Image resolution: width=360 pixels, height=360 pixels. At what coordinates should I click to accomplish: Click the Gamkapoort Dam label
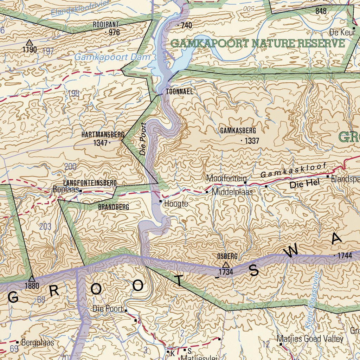(x=112, y=57)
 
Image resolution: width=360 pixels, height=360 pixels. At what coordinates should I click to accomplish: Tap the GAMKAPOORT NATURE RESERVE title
(x=258, y=44)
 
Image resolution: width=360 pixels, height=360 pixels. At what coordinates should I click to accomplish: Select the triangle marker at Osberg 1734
(x=226, y=264)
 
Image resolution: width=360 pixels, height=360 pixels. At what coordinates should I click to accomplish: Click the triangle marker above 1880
(x=32, y=278)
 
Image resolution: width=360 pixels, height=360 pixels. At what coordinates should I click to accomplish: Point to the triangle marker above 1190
(x=30, y=43)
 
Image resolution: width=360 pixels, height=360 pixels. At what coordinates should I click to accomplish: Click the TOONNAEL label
(x=180, y=91)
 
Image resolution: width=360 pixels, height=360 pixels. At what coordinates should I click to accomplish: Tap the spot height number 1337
(x=252, y=141)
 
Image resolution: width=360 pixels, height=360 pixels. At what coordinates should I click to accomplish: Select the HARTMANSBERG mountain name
(x=103, y=135)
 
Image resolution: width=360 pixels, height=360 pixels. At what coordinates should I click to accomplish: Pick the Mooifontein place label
(x=226, y=178)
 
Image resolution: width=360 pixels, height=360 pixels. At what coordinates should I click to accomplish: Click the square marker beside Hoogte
(x=161, y=201)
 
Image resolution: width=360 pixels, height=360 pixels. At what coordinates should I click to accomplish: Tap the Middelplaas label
(x=232, y=192)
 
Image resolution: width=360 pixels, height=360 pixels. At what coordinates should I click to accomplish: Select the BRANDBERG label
(x=113, y=207)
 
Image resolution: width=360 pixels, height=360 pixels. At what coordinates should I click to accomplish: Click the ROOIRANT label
(x=106, y=25)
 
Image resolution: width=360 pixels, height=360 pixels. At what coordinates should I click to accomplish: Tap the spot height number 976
(x=114, y=33)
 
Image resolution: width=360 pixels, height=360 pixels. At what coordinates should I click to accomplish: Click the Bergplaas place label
(x=38, y=342)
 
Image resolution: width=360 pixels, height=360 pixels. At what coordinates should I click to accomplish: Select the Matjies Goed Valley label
(x=310, y=339)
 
